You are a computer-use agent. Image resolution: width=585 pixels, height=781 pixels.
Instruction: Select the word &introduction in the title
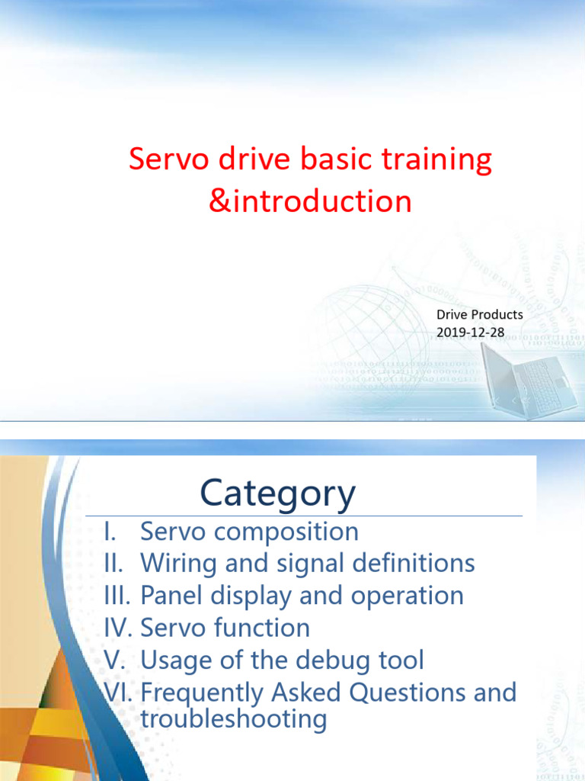[x=311, y=201]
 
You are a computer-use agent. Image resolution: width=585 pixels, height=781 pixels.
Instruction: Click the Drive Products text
[x=480, y=315]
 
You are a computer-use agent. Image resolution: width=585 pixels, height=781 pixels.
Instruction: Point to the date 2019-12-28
[x=470, y=333]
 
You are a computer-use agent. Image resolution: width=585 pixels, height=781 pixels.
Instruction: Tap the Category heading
[x=277, y=493]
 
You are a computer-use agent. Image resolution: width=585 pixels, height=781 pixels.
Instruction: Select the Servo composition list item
[x=249, y=532]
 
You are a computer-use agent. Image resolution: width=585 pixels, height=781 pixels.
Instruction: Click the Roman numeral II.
[x=113, y=563]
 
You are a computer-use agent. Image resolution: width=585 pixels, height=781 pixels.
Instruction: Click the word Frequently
[x=201, y=693]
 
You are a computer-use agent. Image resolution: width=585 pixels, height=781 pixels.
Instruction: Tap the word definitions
[x=413, y=563]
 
